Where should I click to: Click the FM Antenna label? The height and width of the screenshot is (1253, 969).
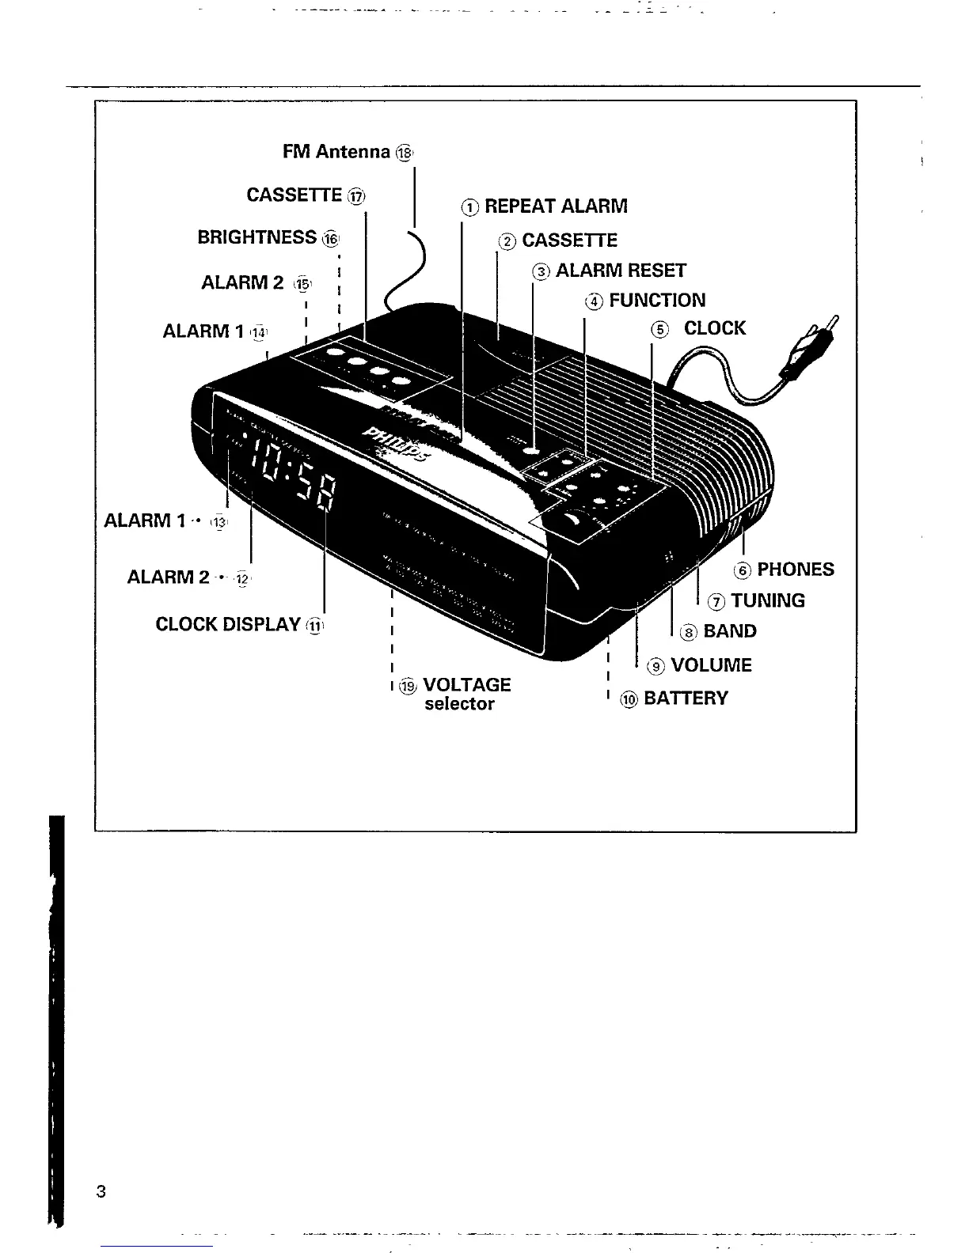click(x=336, y=152)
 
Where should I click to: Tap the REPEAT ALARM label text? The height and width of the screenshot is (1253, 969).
click(x=556, y=206)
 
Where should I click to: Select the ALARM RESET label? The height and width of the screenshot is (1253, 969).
click(x=621, y=271)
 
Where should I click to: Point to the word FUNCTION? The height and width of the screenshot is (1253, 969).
click(x=657, y=301)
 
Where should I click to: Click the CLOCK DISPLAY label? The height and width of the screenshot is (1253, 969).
click(x=228, y=624)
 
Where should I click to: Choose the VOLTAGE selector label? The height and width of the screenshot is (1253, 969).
click(x=466, y=694)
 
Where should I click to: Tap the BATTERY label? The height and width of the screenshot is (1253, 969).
click(x=686, y=698)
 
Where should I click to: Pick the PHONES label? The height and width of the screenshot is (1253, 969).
click(x=796, y=570)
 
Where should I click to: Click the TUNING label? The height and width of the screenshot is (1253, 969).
click(x=768, y=601)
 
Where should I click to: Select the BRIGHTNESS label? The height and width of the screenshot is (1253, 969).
click(x=257, y=237)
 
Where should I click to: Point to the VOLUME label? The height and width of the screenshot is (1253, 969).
click(x=711, y=665)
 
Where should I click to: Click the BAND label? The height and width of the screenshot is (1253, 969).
click(x=730, y=631)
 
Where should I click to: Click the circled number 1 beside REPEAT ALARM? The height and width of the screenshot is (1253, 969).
click(x=470, y=208)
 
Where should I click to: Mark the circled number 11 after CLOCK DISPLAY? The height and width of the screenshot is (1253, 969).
click(x=315, y=626)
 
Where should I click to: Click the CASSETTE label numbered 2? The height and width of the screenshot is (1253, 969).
click(x=569, y=240)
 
